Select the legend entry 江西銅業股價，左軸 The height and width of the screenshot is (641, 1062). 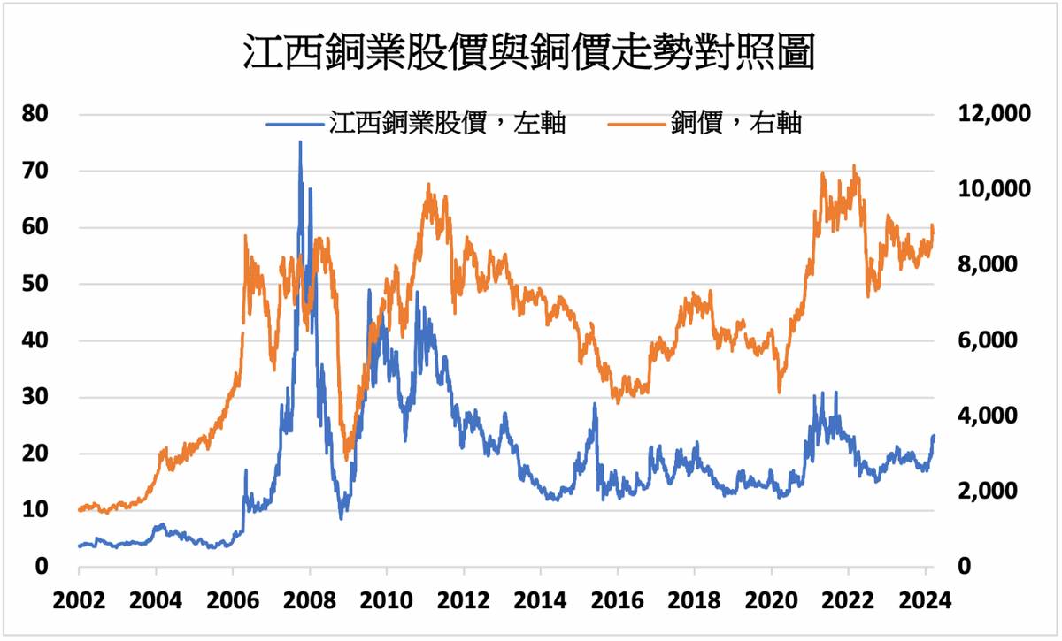(x=416, y=124)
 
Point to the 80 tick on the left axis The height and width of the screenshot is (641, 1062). (x=37, y=114)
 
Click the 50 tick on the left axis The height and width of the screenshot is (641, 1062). (x=37, y=284)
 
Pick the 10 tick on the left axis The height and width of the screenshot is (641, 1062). (x=37, y=510)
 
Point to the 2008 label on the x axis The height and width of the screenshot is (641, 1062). (x=309, y=599)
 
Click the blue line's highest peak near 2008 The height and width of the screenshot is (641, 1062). (x=300, y=142)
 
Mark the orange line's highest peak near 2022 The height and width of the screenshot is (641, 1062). (x=854, y=165)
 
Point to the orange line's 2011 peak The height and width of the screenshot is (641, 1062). (x=428, y=185)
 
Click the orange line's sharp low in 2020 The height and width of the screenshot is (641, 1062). (x=779, y=392)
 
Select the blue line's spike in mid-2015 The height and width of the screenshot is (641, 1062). (x=595, y=404)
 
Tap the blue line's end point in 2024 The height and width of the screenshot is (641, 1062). (x=934, y=436)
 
